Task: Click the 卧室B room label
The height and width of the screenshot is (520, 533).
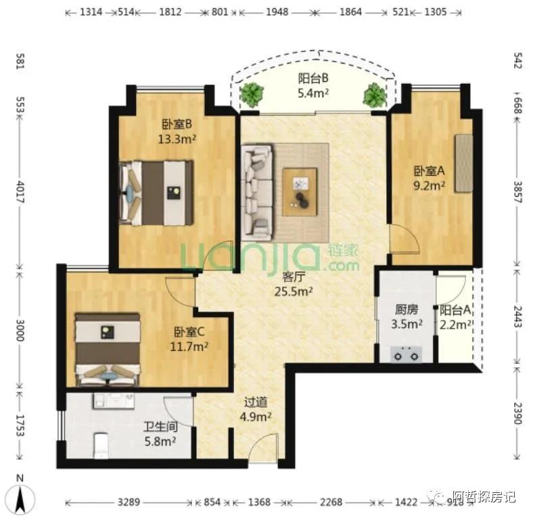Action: pyautogui.click(x=177, y=124)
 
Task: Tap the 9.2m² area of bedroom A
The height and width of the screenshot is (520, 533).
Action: pyautogui.click(x=429, y=185)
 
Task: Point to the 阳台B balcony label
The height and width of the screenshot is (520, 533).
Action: pyautogui.click(x=313, y=78)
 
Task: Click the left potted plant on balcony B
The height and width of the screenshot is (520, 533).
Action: pyautogui.click(x=252, y=94)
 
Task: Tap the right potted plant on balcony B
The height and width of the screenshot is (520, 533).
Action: pyautogui.click(x=375, y=95)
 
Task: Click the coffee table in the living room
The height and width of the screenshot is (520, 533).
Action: pyautogui.click(x=300, y=191)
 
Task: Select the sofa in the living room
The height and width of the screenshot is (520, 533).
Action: pyautogui.click(x=257, y=193)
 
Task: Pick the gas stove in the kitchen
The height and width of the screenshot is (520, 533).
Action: pyautogui.click(x=406, y=354)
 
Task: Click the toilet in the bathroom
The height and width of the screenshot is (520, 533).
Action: pyautogui.click(x=100, y=445)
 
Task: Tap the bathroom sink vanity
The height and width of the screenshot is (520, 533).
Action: pyautogui.click(x=113, y=401)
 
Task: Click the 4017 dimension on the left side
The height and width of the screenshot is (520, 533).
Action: pyautogui.click(x=20, y=191)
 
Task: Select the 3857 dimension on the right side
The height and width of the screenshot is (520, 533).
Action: pyautogui.click(x=517, y=192)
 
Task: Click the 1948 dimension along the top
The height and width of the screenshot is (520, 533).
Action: pyautogui.click(x=277, y=12)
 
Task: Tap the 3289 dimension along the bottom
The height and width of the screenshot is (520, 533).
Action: pyautogui.click(x=129, y=502)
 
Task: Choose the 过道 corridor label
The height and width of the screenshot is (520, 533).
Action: pyautogui.click(x=256, y=402)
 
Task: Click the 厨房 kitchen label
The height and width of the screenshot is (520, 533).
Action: pyautogui.click(x=407, y=310)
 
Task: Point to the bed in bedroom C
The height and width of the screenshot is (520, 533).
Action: pyautogui.click(x=108, y=350)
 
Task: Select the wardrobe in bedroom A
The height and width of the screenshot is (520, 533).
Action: pyautogui.click(x=463, y=164)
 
